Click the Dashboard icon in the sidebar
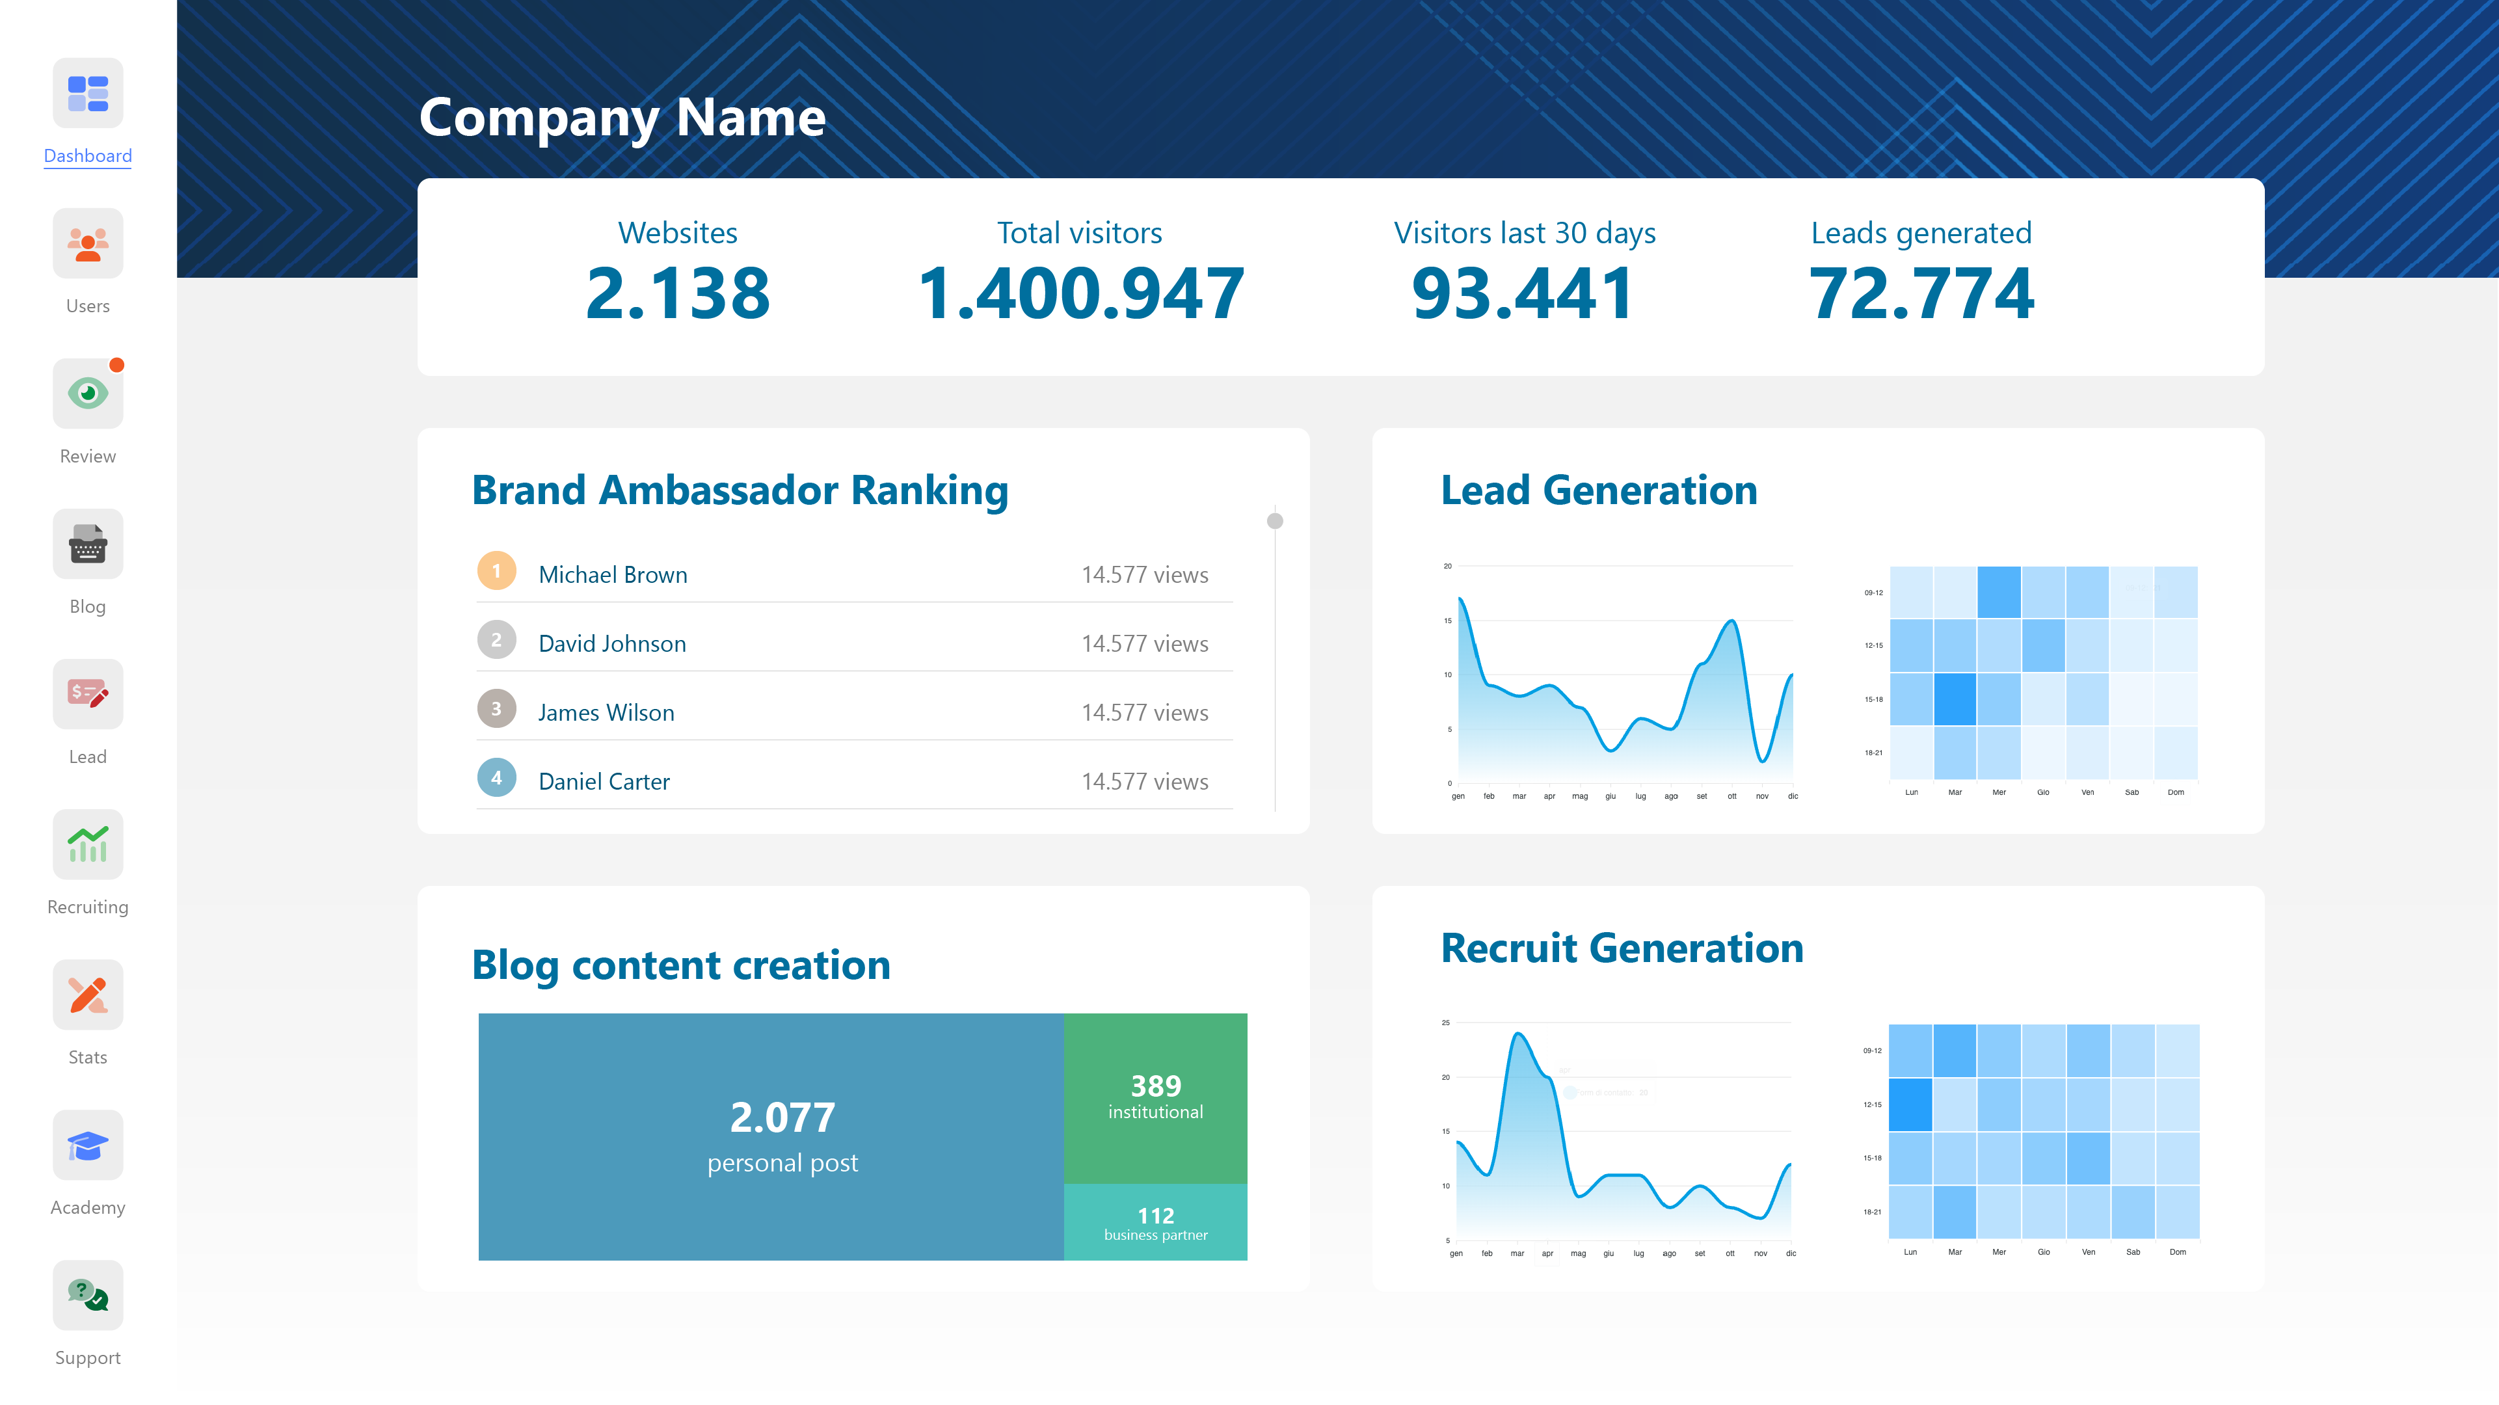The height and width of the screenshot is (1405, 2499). click(x=87, y=93)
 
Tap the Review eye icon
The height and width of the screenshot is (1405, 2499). click(x=87, y=393)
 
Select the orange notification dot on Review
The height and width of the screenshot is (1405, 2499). click(x=116, y=365)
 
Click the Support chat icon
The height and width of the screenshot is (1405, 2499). click(x=87, y=1295)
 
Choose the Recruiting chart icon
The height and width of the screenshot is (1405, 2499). click(x=87, y=844)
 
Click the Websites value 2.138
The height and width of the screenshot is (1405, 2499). click(x=677, y=293)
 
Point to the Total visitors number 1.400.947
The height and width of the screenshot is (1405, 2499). click(x=1080, y=293)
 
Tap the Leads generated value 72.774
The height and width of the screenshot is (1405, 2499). click(x=1921, y=293)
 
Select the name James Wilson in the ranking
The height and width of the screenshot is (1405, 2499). click(x=606, y=712)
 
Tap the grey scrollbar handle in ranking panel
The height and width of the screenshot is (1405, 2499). click(x=1275, y=521)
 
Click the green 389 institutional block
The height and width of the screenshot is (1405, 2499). click(x=1155, y=1097)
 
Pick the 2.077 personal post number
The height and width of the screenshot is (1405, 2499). click(x=782, y=1117)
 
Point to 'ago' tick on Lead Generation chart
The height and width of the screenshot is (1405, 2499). click(x=1670, y=797)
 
